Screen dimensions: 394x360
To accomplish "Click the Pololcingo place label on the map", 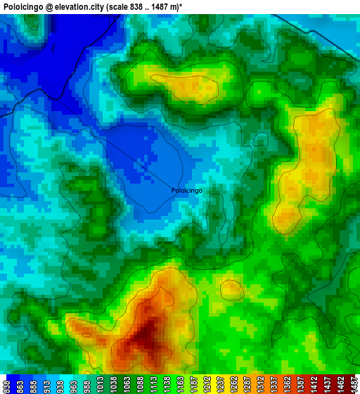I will click(187, 190).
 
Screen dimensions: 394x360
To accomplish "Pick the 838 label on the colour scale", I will click(6, 385).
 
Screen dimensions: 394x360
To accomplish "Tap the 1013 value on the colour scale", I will click(100, 385).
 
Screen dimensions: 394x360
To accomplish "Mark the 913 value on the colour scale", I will click(46, 385).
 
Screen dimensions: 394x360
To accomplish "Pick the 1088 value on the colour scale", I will click(140, 385).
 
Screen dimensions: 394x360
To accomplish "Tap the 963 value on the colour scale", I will click(73, 385).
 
